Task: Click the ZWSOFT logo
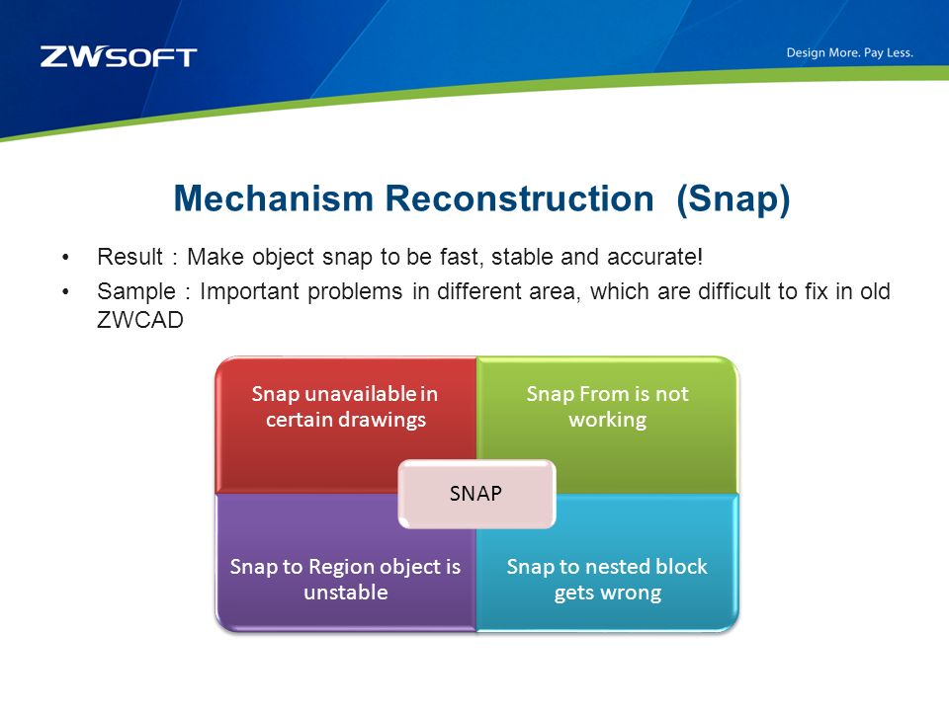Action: [119, 56]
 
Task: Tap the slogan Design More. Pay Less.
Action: [850, 52]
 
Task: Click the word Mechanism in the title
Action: [274, 198]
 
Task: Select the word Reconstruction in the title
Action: [520, 198]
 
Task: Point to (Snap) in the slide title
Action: [733, 199]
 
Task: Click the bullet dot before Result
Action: [65, 258]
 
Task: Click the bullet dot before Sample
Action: [65, 292]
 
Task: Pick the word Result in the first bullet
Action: [130, 257]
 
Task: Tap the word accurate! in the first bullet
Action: [654, 257]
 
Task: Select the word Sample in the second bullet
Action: [136, 291]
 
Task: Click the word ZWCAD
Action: [140, 320]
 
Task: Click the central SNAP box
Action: [476, 494]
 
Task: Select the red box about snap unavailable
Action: [346, 425]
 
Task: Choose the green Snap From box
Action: [608, 425]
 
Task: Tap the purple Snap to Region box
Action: [346, 562]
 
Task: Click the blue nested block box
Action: [608, 562]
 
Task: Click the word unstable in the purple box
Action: [346, 592]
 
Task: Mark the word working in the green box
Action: [608, 421]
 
